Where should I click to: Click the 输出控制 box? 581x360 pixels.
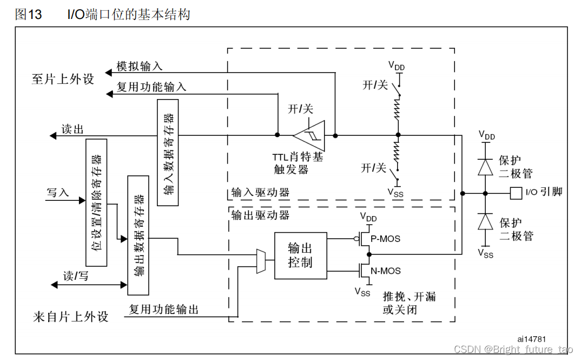(x=300, y=256)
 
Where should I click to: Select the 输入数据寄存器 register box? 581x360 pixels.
(x=168, y=152)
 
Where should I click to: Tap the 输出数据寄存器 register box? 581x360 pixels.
(x=138, y=235)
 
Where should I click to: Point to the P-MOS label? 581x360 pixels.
(x=385, y=238)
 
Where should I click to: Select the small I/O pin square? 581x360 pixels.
(x=516, y=192)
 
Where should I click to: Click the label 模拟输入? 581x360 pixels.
(x=140, y=67)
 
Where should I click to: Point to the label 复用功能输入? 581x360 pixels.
(x=151, y=87)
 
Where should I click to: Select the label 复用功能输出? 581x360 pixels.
(x=163, y=310)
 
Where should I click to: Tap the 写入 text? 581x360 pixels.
(x=58, y=192)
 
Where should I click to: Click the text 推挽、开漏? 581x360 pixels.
(x=409, y=297)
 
